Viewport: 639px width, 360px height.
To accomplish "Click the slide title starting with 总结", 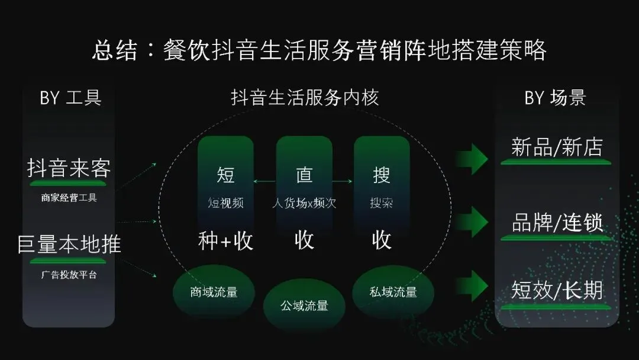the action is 319,50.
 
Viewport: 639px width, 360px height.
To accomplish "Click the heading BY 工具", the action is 70,97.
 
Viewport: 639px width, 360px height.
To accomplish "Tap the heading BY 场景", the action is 555,97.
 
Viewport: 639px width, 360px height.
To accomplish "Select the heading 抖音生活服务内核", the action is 305,97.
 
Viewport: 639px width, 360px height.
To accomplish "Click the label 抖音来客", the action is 69,169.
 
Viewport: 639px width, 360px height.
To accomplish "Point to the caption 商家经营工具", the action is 69,198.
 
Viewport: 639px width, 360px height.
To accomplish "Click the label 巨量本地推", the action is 69,243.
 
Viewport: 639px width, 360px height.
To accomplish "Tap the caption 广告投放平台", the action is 69,275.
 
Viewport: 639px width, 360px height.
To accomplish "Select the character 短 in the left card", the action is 225,175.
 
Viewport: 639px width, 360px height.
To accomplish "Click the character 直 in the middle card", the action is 304,175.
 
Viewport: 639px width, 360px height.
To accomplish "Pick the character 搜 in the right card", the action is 382,175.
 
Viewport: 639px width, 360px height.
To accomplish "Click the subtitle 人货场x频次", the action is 304,203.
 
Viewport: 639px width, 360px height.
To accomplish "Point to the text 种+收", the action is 225,240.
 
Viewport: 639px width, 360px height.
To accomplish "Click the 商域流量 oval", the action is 214,292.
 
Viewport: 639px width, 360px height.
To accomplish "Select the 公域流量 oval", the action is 304,306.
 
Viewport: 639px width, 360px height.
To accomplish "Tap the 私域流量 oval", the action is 393,292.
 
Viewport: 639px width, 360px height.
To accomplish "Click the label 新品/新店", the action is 556,147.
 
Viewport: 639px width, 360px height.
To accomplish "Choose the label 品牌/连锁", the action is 556,223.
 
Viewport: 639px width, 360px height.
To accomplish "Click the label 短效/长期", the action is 556,290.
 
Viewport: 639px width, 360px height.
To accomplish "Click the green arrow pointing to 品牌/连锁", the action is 472,222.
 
